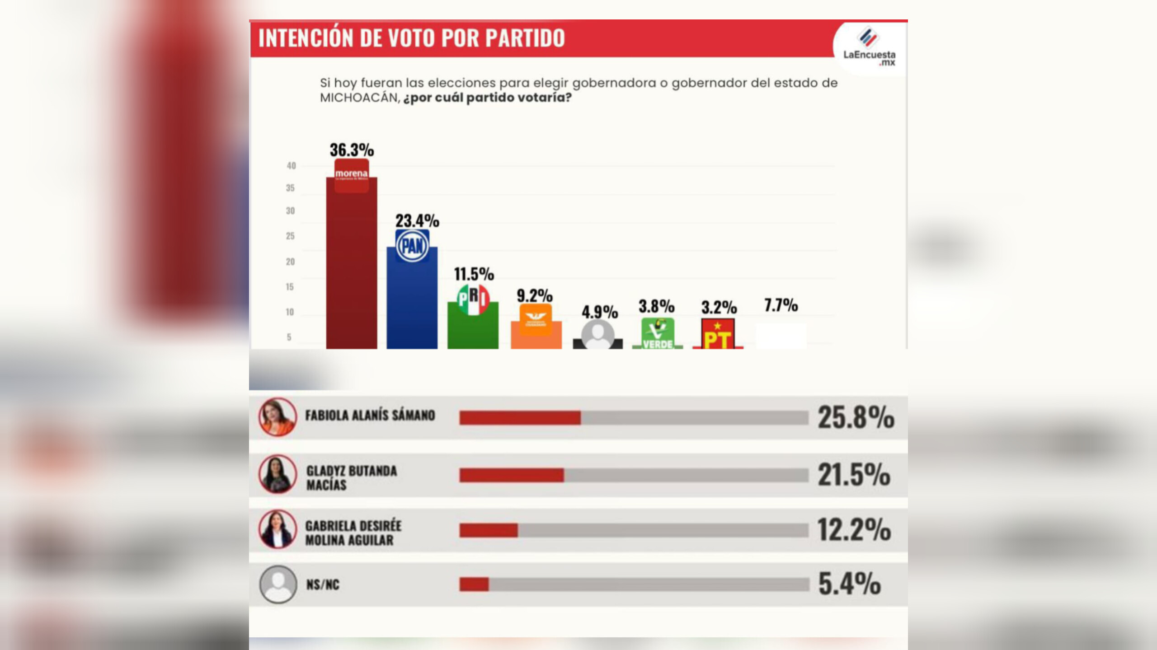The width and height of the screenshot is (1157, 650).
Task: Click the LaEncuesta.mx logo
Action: point(869,47)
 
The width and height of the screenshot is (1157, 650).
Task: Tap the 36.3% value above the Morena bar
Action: point(352,150)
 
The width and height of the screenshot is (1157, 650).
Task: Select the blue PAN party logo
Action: point(412,246)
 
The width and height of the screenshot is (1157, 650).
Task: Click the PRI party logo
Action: point(473,299)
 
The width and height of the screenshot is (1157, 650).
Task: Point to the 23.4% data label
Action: point(417,221)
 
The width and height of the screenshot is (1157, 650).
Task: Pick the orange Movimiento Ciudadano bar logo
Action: point(536,319)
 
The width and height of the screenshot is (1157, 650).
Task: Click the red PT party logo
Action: point(718,334)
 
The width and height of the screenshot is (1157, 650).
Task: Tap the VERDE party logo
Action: point(658,333)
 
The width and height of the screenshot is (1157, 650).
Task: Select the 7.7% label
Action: point(781,305)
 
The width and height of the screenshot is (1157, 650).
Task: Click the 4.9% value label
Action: point(599,312)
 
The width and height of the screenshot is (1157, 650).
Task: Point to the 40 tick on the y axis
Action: point(291,166)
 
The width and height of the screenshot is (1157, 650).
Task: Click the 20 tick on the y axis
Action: point(290,262)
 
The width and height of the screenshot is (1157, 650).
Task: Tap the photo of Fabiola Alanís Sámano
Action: point(277,416)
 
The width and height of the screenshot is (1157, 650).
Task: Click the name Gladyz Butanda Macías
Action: point(351,477)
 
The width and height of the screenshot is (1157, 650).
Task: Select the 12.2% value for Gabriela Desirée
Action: point(854,529)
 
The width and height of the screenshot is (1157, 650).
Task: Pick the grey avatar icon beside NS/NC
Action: point(278,584)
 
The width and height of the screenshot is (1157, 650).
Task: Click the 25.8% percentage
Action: point(856,417)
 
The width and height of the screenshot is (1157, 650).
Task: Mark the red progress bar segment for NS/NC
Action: point(474,584)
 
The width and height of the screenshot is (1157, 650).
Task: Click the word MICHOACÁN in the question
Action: point(359,98)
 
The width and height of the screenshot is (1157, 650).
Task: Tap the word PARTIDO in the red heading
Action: point(525,38)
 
